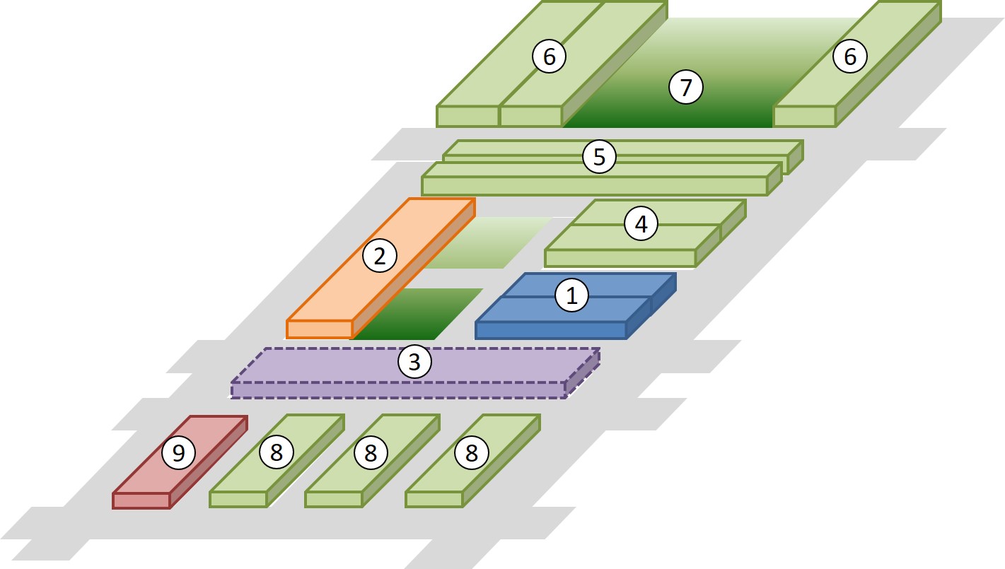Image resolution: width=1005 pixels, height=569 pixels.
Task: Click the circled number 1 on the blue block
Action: click(x=572, y=295)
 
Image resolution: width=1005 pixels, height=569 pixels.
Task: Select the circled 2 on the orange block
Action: click(x=380, y=255)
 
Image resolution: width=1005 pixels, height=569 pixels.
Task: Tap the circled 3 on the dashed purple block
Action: click(x=414, y=362)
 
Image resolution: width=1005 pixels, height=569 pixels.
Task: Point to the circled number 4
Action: click(x=641, y=224)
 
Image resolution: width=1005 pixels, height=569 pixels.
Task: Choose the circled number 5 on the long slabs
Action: click(x=599, y=156)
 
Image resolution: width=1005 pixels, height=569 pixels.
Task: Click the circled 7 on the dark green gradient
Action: click(x=685, y=88)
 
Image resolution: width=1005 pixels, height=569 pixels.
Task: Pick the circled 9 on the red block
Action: click(x=178, y=452)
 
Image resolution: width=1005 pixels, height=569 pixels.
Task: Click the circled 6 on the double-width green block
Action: click(x=549, y=56)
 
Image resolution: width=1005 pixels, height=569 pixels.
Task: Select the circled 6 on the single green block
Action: click(x=849, y=56)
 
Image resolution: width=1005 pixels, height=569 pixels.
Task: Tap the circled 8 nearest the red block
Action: click(x=276, y=452)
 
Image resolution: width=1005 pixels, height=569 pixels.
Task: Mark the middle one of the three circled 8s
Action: click(x=371, y=452)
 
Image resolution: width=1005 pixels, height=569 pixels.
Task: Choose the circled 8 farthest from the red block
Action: click(x=472, y=452)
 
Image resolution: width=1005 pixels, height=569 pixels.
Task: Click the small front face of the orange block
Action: click(x=319, y=329)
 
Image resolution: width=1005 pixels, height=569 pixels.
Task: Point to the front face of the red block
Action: click(x=141, y=500)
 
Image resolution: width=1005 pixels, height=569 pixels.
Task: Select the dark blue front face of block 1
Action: click(x=551, y=330)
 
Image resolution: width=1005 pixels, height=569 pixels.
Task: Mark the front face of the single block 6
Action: click(x=804, y=117)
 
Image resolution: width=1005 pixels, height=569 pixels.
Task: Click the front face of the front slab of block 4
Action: click(x=620, y=259)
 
